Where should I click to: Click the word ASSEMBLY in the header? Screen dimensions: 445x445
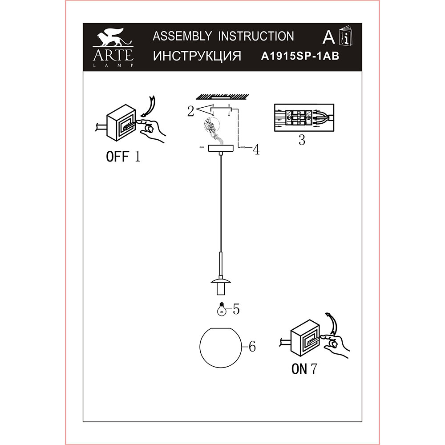coord(182,36)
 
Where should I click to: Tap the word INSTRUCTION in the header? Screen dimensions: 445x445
coord(256,36)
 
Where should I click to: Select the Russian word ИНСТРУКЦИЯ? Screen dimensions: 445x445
coord(197,56)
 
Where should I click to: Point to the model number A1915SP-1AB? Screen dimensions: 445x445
coord(300,56)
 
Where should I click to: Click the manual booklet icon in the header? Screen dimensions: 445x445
coord(346,36)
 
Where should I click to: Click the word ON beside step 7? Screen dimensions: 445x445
coord(299,368)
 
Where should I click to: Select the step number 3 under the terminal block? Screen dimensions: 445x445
coord(302,140)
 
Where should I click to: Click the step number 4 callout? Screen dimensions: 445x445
coord(256,150)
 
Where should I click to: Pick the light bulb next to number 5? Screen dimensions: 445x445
coord(221,309)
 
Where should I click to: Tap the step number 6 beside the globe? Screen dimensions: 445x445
coord(252,347)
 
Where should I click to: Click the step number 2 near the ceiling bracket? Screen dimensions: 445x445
coord(190,111)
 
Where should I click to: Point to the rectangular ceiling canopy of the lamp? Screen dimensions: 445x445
coord(221,149)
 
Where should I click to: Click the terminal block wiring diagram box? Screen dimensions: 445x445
coord(304,117)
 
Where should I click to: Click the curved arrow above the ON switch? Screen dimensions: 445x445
coord(332,324)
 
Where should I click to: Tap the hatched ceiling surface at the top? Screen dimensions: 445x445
coord(223,97)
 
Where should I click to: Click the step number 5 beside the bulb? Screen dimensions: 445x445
coord(236,309)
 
